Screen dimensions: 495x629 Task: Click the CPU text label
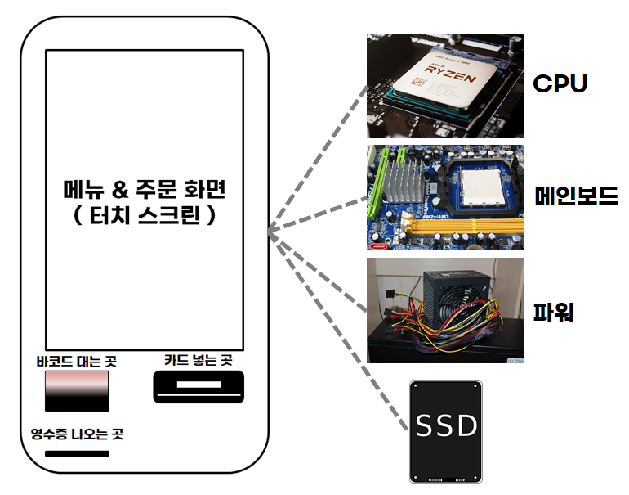pyautogui.click(x=560, y=83)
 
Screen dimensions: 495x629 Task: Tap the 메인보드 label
pyautogui.click(x=575, y=196)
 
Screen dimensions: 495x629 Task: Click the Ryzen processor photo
pyautogui.click(x=445, y=85)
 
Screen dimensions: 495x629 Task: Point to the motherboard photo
pyautogui.click(x=445, y=196)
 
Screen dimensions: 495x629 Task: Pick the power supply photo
pyautogui.click(x=445, y=310)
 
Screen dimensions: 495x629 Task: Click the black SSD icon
pyautogui.click(x=446, y=431)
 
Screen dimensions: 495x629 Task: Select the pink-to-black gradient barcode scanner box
pyautogui.click(x=77, y=391)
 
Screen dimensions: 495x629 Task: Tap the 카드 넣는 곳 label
pyautogui.click(x=199, y=359)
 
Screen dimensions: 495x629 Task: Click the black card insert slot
pyautogui.click(x=199, y=386)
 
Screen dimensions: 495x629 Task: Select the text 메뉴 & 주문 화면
pyautogui.click(x=143, y=191)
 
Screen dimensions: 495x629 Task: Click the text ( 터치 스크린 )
pyautogui.click(x=143, y=218)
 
